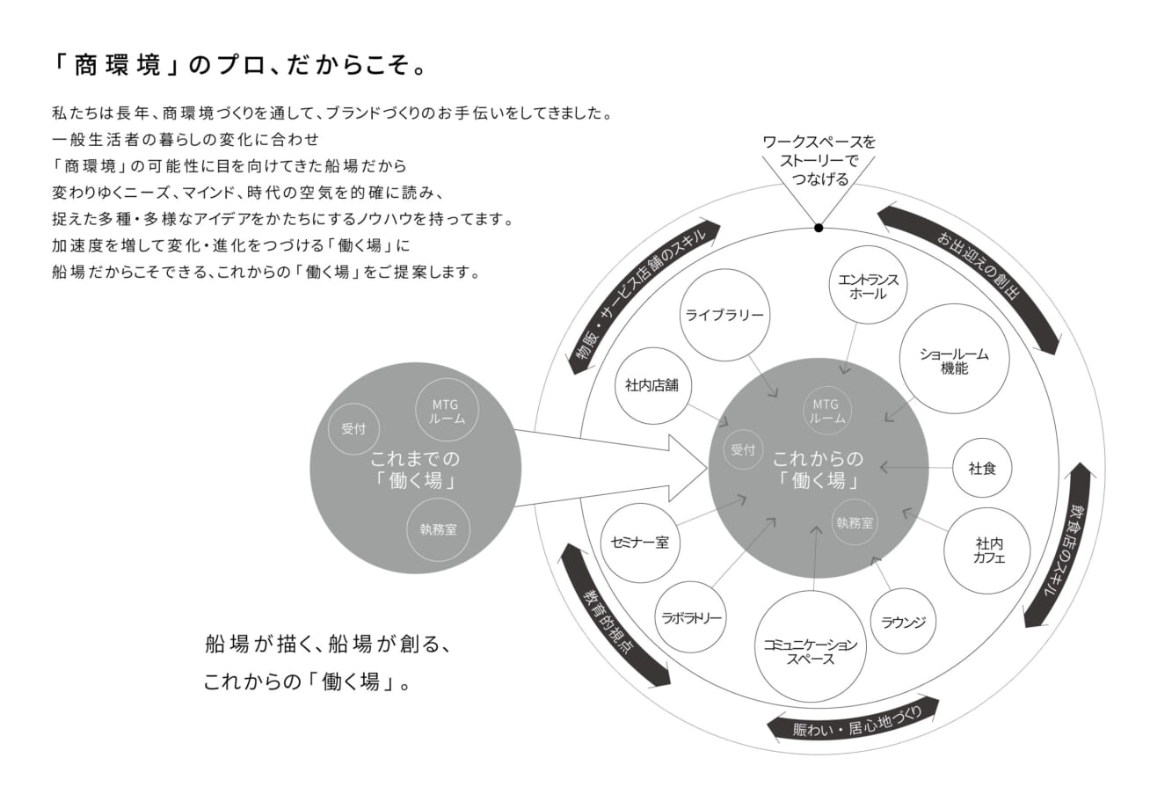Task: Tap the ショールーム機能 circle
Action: point(954,359)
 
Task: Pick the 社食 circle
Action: point(981,468)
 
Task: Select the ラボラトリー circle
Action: point(691,617)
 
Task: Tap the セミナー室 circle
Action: point(639,543)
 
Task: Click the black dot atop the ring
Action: point(819,228)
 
